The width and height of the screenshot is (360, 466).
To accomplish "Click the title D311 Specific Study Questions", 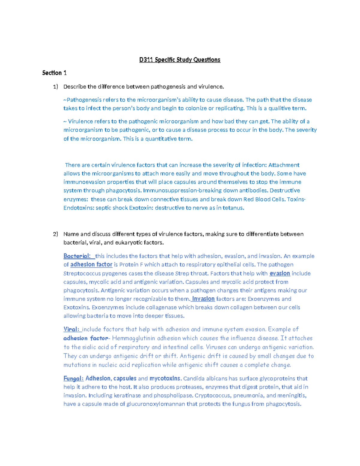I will point(180,60).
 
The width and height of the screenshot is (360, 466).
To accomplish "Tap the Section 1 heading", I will point(54,73).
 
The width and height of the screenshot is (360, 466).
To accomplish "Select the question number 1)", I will point(55,87).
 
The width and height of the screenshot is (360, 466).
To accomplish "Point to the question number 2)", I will point(55,234).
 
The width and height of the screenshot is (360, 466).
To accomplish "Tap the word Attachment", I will point(283,165).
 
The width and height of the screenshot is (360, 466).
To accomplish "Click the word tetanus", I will point(233,208).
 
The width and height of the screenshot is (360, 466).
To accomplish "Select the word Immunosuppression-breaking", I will point(175,191).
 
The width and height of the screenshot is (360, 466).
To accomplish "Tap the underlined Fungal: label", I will point(73,378).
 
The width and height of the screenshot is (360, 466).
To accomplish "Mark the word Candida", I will point(193,378).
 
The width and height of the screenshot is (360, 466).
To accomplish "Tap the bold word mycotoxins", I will point(165,378).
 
